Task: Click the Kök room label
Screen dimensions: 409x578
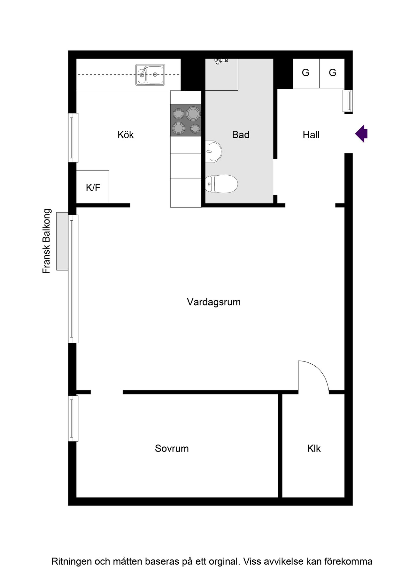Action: pos(126,135)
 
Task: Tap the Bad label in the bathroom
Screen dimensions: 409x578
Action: pos(241,135)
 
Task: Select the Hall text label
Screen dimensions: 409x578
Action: pos(311,135)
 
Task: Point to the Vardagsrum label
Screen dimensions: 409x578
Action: pos(214,302)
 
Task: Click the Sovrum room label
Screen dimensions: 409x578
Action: pos(172,448)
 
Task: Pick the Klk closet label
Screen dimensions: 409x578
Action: pos(314,448)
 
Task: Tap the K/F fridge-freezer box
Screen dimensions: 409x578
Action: pos(93,187)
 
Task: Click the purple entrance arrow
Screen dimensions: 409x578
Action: pos(361,134)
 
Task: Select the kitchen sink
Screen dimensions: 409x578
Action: pos(150,75)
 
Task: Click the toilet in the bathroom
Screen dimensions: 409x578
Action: pos(221,184)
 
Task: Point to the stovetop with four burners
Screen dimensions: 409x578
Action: pos(186,120)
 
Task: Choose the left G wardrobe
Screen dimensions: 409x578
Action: pos(306,73)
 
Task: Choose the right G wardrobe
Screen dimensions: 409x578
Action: pos(332,73)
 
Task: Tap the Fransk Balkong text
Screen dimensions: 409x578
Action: pos(47,241)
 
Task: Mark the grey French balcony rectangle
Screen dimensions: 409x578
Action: pos(62,241)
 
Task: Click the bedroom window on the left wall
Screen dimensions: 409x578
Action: pos(73,418)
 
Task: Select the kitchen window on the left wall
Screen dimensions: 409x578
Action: pos(73,138)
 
